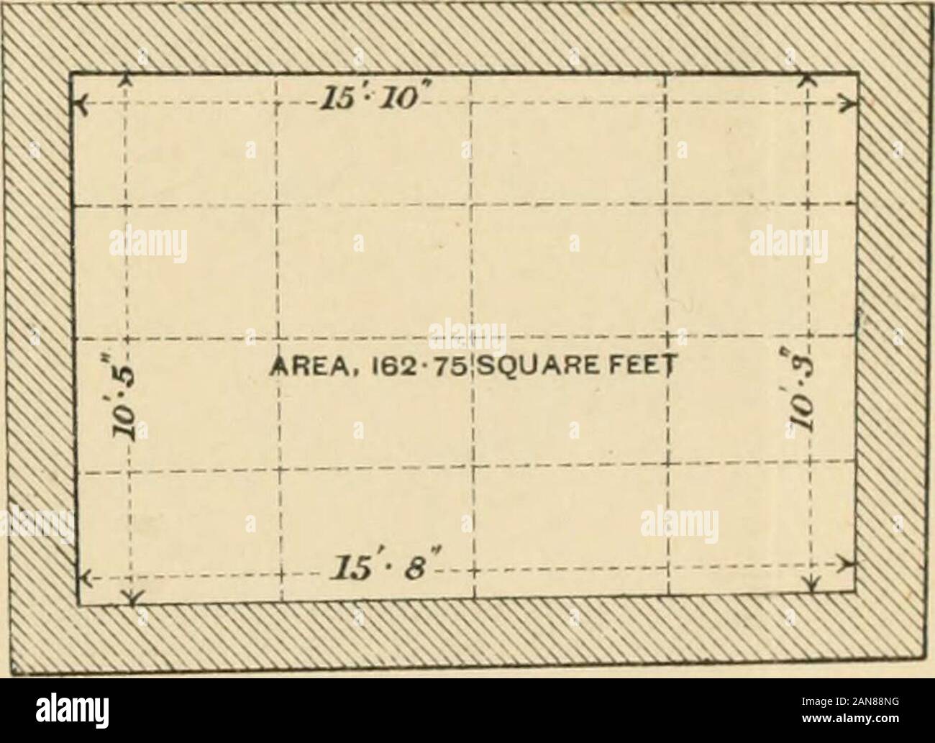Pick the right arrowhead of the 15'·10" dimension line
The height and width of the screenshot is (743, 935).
pyautogui.click(x=852, y=104)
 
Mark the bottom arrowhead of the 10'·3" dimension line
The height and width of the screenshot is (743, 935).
pyautogui.click(x=813, y=586)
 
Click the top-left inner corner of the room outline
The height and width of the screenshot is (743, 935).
pyautogui.click(x=70, y=73)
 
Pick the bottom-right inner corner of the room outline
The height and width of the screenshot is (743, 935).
pyautogui.click(x=857, y=591)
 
